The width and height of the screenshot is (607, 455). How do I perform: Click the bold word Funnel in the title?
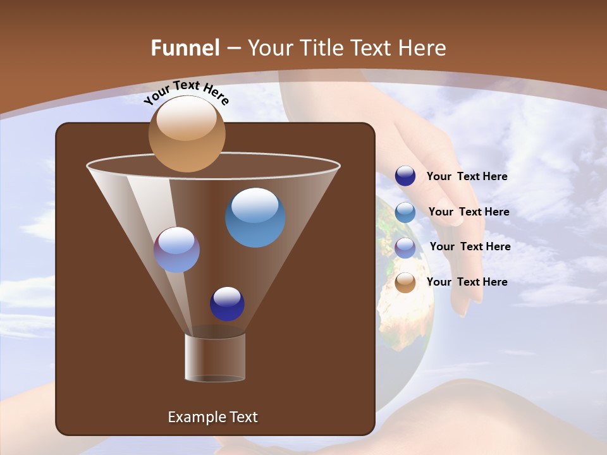185,47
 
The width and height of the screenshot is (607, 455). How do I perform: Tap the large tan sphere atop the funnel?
187,134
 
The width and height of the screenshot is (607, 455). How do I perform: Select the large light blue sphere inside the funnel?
255,217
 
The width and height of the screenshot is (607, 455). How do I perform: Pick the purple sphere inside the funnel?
176,250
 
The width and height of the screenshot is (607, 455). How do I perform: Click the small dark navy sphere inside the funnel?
227,304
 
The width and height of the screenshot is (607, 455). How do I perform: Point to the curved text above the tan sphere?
186,93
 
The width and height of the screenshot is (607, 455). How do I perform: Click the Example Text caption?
212,417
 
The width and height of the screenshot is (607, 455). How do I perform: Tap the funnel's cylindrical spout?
215,358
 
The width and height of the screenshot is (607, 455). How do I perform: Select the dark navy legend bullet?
405,176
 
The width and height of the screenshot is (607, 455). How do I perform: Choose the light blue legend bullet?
405,212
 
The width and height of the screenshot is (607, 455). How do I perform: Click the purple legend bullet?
405,247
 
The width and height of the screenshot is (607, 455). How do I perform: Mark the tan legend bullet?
405,282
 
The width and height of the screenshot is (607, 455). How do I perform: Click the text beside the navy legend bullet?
467,177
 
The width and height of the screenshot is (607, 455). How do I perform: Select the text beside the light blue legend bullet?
469,212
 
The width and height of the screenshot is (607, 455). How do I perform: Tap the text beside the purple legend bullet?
470,247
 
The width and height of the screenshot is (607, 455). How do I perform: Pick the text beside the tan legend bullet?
467,282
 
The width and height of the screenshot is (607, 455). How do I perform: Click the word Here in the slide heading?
424,47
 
